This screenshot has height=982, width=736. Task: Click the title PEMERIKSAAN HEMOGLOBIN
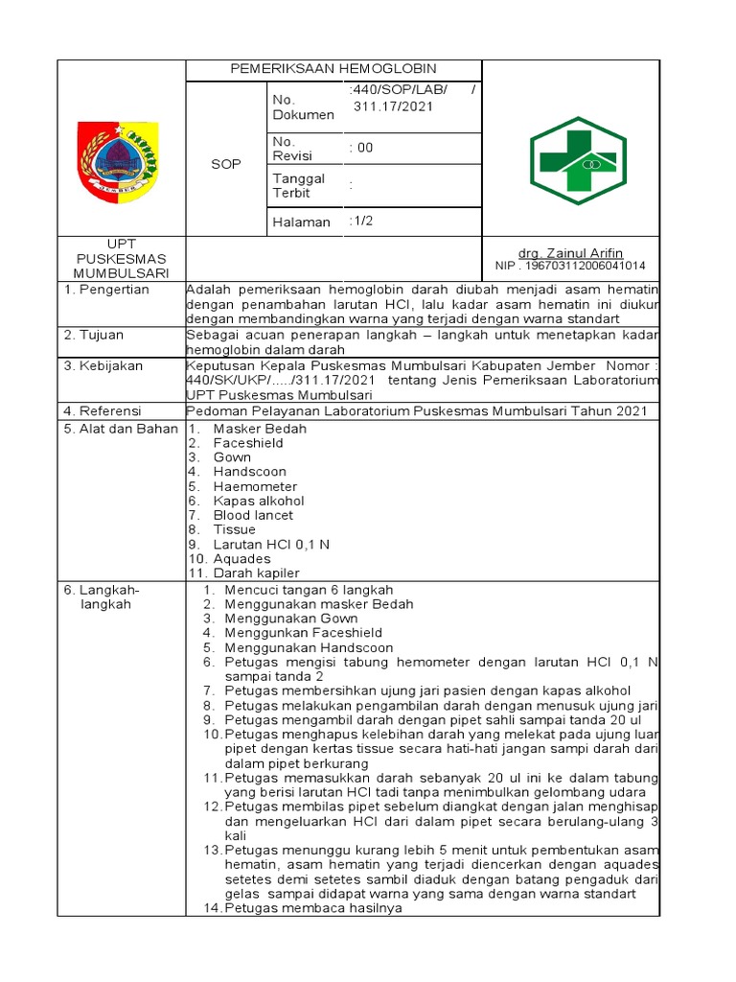pyautogui.click(x=333, y=69)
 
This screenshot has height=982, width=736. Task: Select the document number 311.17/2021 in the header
pyautogui.click(x=393, y=106)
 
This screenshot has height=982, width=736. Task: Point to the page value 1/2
pyautogui.click(x=361, y=222)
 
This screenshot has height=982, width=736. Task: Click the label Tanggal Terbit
pyautogui.click(x=299, y=185)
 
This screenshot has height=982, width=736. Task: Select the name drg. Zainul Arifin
pyautogui.click(x=570, y=252)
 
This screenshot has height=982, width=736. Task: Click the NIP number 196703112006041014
pyautogui.click(x=570, y=266)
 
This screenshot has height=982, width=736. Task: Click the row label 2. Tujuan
pyautogui.click(x=96, y=335)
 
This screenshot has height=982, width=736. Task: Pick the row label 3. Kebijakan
pyautogui.click(x=103, y=365)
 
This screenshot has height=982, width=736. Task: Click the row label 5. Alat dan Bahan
pyautogui.click(x=121, y=429)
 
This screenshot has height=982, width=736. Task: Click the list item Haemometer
pyautogui.click(x=255, y=486)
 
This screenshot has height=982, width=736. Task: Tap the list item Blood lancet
pyautogui.click(x=253, y=515)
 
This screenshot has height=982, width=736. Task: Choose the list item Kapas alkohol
pyautogui.click(x=259, y=501)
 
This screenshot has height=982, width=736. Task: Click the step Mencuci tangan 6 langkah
pyautogui.click(x=309, y=590)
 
